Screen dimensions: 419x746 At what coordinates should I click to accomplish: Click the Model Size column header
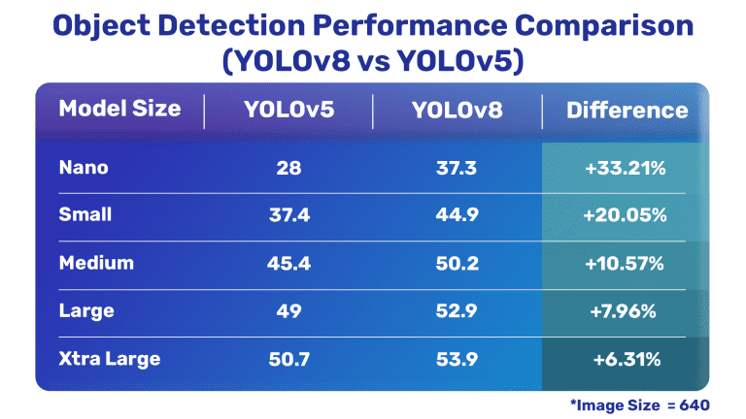(119, 109)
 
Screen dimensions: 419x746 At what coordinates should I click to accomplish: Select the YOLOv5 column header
(288, 110)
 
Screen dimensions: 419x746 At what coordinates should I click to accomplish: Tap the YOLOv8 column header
(457, 110)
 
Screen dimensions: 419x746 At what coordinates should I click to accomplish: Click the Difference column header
(627, 110)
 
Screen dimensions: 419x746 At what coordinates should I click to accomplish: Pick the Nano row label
(84, 168)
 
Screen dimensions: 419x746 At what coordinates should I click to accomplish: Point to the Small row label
(85, 215)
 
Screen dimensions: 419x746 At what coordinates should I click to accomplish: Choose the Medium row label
(96, 263)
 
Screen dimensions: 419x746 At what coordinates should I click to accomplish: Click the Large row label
(86, 311)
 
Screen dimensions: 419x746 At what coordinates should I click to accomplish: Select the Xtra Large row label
(110, 359)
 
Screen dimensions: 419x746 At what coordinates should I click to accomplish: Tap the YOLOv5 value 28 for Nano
(288, 169)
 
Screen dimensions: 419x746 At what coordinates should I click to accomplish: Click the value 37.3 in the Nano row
(457, 169)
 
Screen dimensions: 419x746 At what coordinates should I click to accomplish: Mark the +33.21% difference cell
(625, 169)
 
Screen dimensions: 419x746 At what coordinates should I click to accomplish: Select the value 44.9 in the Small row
(457, 215)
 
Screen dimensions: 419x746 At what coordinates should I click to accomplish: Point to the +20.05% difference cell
(625, 215)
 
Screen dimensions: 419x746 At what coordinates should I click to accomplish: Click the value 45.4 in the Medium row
(288, 264)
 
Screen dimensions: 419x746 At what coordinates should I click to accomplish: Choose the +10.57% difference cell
(625, 264)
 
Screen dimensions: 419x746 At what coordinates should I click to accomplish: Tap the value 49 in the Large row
(288, 311)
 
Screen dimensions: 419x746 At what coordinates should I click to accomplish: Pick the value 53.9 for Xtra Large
(457, 360)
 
